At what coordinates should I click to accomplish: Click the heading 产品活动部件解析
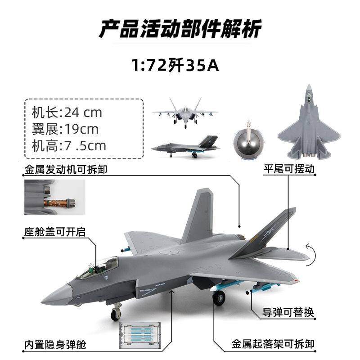(x=180, y=29)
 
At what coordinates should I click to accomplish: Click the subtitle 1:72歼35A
(x=175, y=66)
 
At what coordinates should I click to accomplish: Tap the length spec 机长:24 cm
(x=67, y=112)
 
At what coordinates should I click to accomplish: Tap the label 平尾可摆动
(x=288, y=169)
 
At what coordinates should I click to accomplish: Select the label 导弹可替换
(x=288, y=313)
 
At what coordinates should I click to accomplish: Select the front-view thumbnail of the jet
(x=186, y=112)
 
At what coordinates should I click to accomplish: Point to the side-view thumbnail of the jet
(x=185, y=147)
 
